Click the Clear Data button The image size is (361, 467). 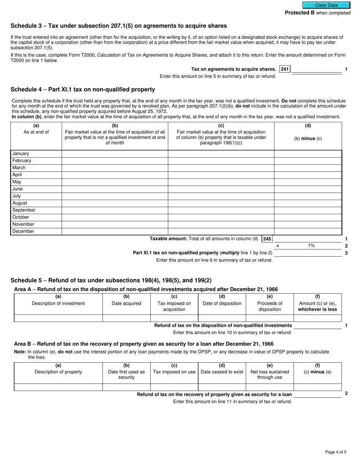[326, 5]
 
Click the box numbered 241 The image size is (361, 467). [285, 69]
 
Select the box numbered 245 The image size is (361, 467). [267, 239]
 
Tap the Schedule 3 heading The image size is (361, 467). [119, 26]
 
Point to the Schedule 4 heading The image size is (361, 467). [83, 90]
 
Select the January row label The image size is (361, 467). [21, 154]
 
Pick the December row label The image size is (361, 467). [23, 231]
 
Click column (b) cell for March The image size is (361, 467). [115, 168]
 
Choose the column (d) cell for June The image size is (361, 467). [308, 189]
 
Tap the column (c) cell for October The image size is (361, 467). [221, 217]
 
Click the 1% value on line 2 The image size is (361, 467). [311, 246]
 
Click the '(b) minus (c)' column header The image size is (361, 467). [308, 139]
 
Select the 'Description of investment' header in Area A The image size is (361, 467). [58, 303]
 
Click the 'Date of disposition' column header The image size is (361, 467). [222, 303]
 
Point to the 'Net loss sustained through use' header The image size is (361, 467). [270, 374]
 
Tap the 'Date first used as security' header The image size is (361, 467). [126, 374]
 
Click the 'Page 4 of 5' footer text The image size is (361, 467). [336, 452]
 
